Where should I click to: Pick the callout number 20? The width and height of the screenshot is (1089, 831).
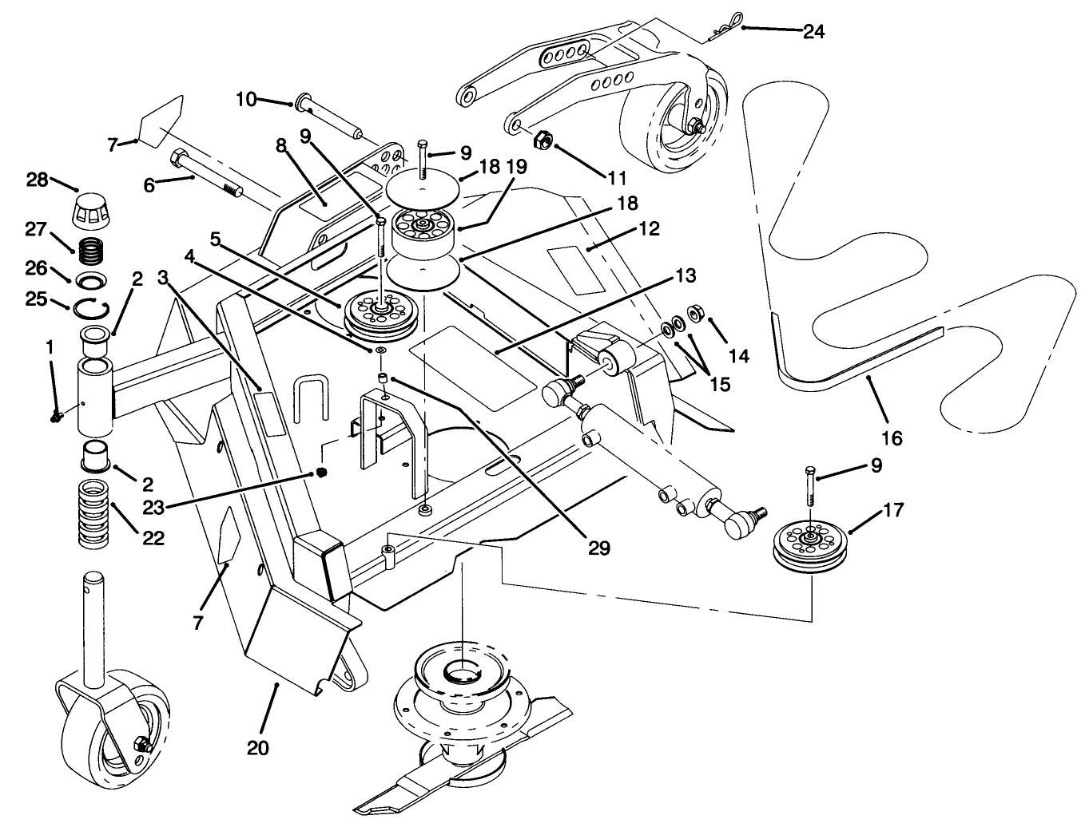pos(257,748)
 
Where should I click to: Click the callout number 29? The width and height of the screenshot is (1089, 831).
pos(598,548)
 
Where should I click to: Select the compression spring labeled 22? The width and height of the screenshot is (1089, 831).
pos(94,514)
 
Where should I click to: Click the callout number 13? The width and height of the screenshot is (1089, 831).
pos(685,276)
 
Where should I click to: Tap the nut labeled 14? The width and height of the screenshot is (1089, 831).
pos(694,311)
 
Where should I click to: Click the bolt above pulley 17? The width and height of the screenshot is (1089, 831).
pos(811,484)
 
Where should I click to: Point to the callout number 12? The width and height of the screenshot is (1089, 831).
pos(650,229)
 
